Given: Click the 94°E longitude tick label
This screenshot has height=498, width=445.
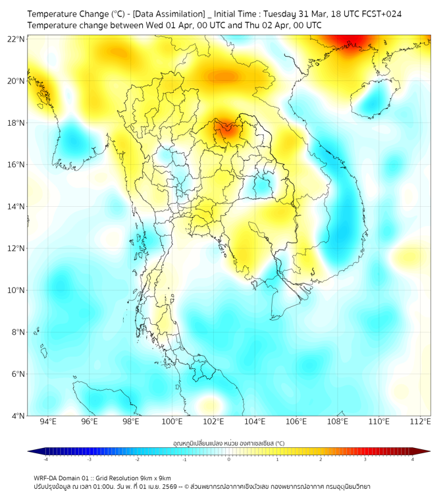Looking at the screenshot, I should tap(48, 422).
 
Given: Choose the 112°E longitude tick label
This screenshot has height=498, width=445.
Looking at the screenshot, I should tap(420, 422).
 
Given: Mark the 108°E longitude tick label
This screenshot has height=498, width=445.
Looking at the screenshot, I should tap(338, 422).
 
